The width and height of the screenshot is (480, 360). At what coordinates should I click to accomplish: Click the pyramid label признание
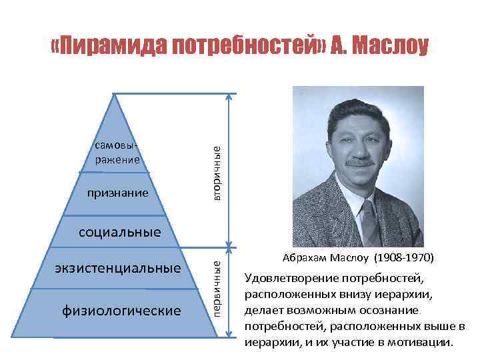point(117,194)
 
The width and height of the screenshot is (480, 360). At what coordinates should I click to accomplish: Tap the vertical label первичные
point(218,289)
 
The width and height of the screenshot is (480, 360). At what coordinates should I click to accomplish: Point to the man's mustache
point(359,162)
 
